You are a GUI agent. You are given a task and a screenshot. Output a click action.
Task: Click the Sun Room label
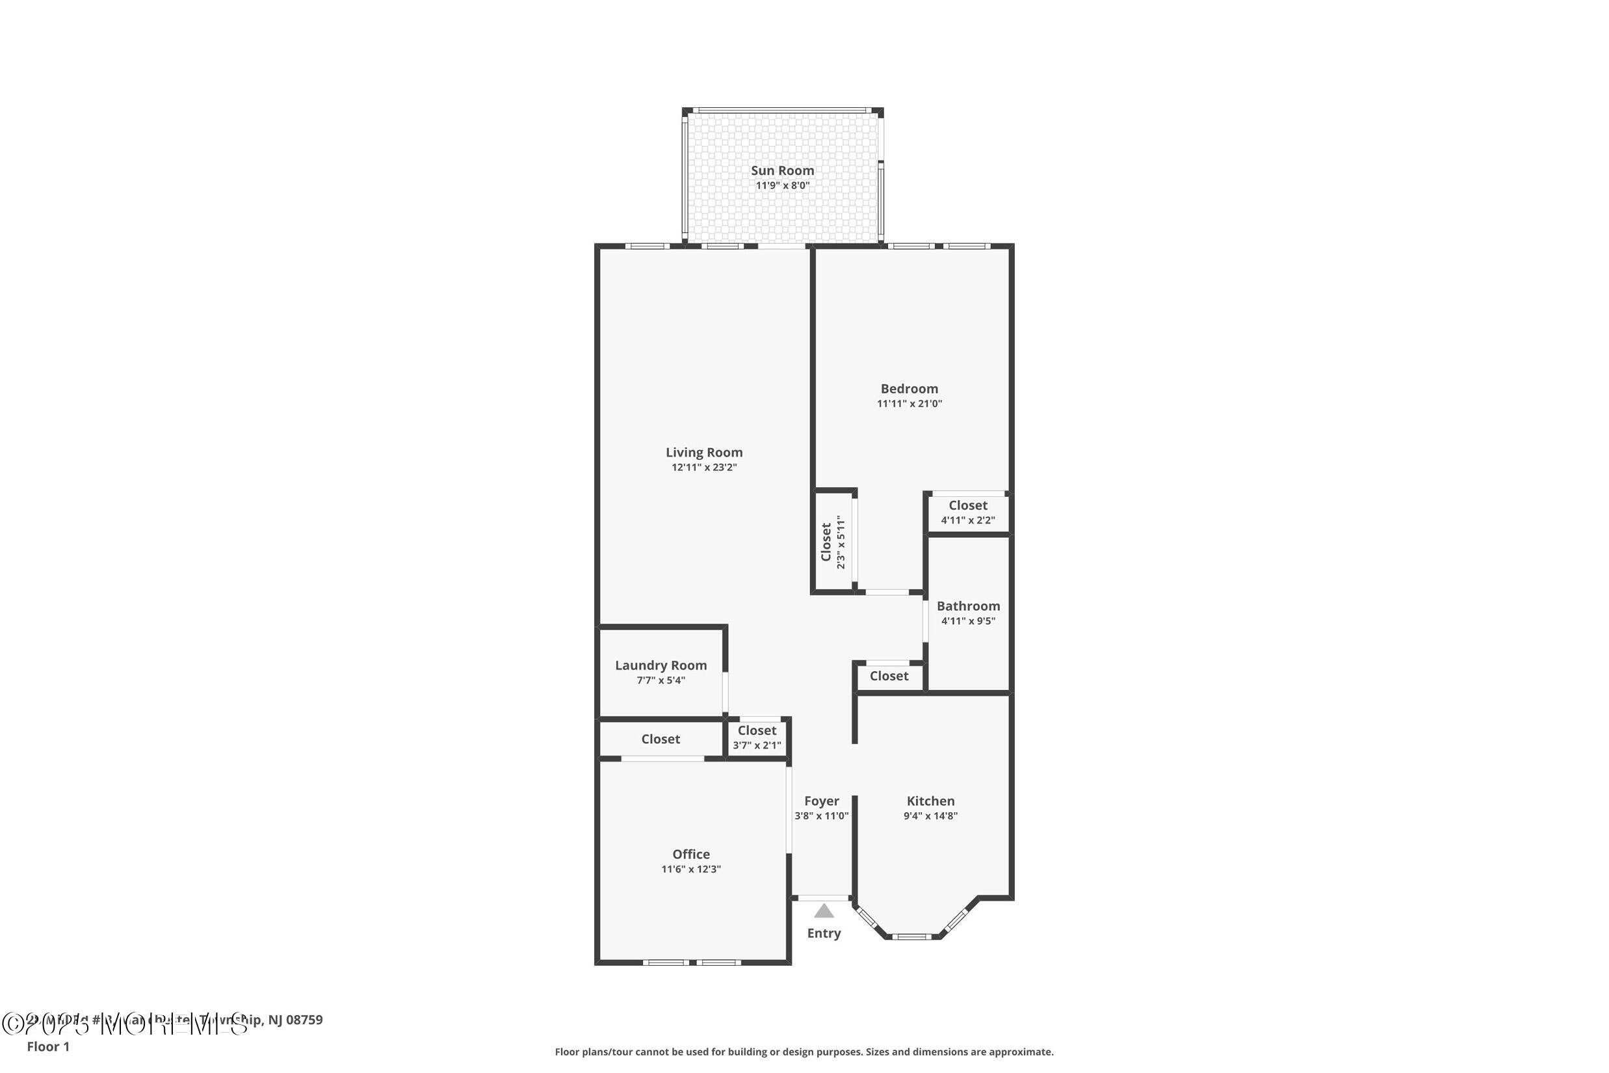(782, 170)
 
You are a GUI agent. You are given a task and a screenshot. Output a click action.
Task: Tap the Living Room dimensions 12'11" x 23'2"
(704, 468)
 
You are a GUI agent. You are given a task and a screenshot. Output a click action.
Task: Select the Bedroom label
(909, 389)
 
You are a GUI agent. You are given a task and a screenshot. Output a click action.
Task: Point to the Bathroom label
(968, 606)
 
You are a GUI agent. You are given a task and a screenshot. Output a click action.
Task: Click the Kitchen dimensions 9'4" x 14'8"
(930, 815)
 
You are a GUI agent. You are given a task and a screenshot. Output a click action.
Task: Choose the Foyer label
(822, 801)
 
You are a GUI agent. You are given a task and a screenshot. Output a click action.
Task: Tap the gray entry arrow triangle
(824, 912)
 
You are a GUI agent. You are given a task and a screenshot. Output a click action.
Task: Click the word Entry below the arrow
(824, 933)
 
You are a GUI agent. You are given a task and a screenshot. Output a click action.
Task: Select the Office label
(691, 854)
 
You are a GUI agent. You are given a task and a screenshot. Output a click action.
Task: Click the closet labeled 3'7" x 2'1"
(757, 737)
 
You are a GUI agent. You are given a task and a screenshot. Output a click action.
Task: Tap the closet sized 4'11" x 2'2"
(967, 512)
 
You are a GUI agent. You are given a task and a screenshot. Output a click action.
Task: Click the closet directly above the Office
(660, 739)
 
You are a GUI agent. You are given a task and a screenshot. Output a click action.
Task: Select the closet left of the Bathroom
(889, 676)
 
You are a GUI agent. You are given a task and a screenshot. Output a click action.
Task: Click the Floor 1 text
(48, 1046)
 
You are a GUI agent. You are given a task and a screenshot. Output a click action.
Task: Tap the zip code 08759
(304, 1020)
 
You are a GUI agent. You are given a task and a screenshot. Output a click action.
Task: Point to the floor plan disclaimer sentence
(804, 1052)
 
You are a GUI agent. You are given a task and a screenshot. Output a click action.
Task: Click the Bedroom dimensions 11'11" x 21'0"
(909, 404)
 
